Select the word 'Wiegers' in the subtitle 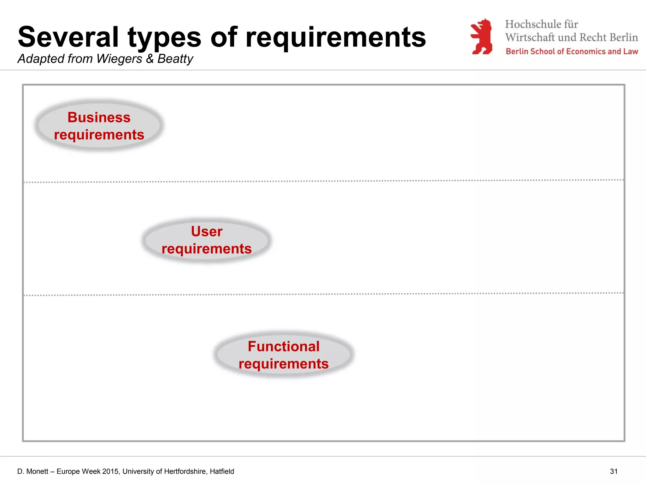tap(119, 59)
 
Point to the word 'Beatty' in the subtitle tap(175, 59)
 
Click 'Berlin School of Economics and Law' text tap(572, 51)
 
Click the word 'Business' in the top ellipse tap(99, 117)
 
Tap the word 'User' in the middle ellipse tap(207, 231)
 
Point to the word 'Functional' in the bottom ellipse tap(283, 346)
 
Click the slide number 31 tap(614, 471)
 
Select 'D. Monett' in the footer tap(32, 471)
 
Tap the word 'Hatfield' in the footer tap(222, 471)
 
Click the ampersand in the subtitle tap(150, 59)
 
